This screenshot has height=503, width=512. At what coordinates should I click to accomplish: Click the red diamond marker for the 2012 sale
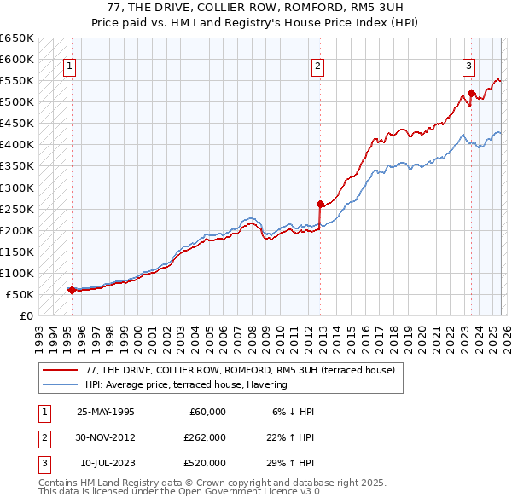(320, 204)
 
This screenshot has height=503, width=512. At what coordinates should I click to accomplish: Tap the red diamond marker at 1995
(72, 290)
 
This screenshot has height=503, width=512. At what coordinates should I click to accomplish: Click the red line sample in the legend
(61, 371)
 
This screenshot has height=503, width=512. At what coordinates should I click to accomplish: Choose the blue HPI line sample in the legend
(61, 384)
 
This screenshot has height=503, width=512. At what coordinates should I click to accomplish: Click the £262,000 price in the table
(204, 437)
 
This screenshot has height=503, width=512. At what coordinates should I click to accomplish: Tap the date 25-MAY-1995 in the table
(105, 412)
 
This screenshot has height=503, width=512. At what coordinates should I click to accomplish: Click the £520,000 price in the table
(204, 463)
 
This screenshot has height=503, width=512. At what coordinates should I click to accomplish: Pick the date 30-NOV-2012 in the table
(105, 437)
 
